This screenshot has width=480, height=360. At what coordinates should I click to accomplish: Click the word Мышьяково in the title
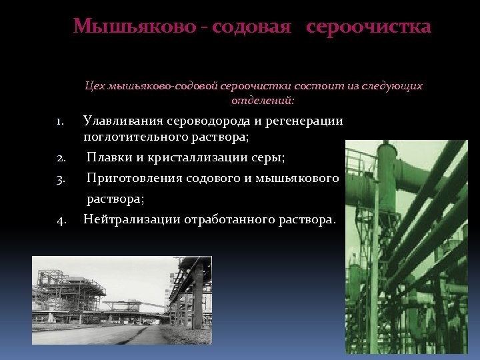[133, 27]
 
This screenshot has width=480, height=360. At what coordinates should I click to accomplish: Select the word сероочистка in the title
[369, 27]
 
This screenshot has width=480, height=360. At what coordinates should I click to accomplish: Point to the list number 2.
[60, 158]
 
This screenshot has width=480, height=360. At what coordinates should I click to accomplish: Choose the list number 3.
[60, 179]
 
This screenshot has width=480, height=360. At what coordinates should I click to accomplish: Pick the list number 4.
[60, 220]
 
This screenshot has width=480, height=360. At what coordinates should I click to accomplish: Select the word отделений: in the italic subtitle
[262, 101]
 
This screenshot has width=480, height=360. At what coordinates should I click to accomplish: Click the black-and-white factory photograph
[122, 300]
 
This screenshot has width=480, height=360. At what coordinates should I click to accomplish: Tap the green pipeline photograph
[407, 247]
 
